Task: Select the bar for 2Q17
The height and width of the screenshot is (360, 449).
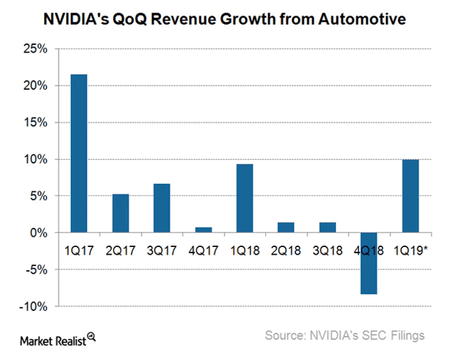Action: point(121,213)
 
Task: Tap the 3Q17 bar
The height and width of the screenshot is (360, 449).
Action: point(162,208)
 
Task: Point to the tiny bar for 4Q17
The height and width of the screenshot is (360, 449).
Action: point(203,229)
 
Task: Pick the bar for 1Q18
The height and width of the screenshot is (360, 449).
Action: point(245,198)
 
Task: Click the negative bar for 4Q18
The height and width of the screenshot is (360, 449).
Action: point(369,263)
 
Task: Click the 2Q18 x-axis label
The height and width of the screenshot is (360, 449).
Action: point(286,249)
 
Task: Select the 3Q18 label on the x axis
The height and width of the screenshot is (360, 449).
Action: point(327,249)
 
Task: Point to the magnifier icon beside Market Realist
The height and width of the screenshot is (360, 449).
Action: point(91,338)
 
